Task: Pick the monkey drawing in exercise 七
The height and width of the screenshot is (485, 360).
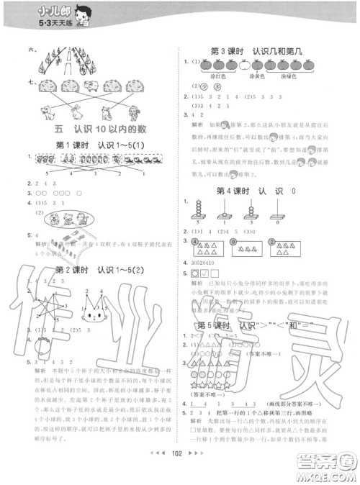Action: [x=132, y=112]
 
